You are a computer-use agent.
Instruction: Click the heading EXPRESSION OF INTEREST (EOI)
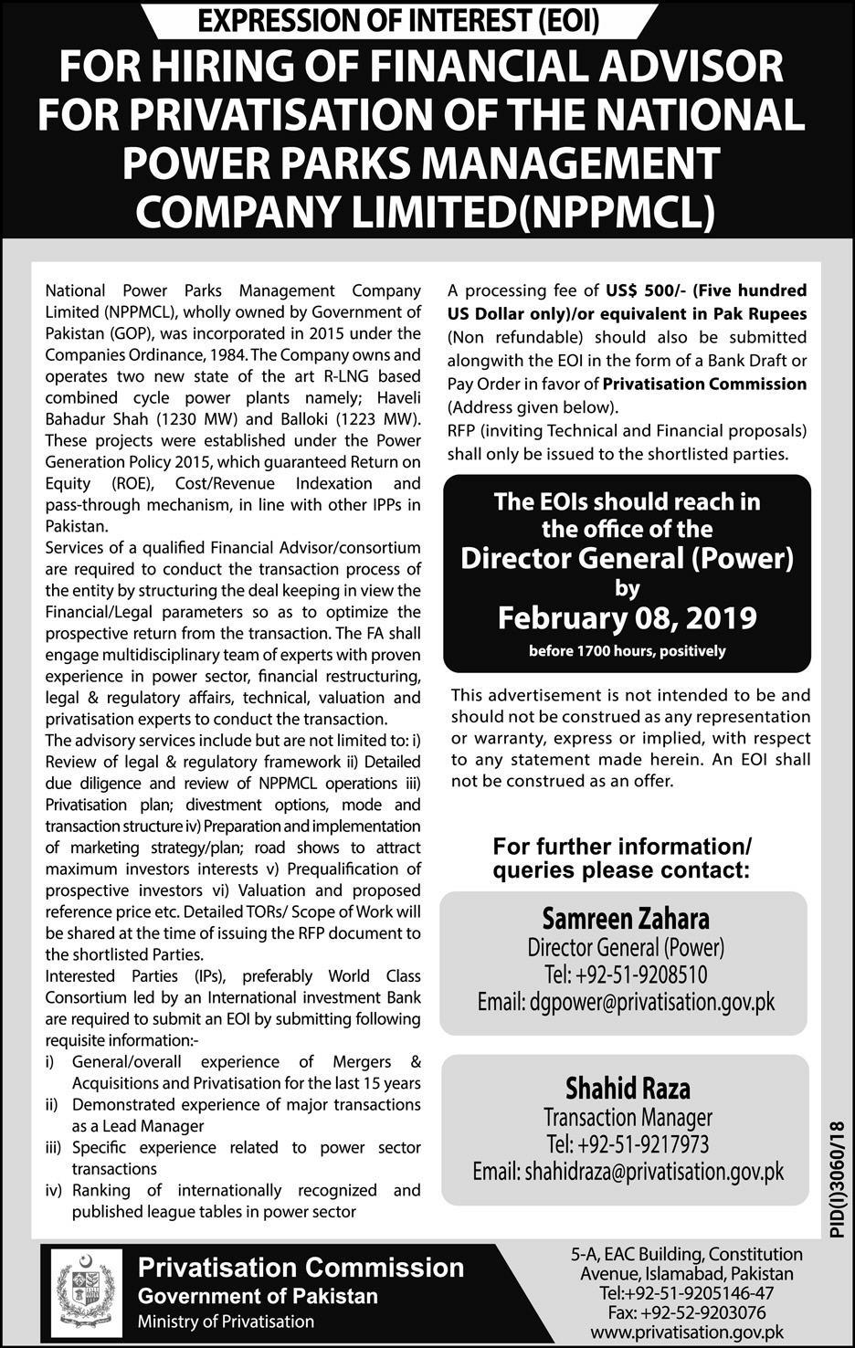coord(427,20)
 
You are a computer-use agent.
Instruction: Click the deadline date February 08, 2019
coord(627,618)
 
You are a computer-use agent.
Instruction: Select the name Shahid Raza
coord(628,1088)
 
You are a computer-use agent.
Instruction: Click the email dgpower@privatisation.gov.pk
coord(626,1002)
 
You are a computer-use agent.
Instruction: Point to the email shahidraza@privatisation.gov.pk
coord(628,1172)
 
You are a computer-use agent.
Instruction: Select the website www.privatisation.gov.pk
coord(700,1332)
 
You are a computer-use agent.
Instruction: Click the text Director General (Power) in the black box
coord(627,558)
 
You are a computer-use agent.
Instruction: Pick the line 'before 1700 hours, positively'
coord(627,651)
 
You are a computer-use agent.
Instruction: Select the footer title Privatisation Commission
coord(301,1268)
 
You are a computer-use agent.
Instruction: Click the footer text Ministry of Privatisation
coord(226,1322)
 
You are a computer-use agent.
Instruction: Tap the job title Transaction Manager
coord(628,1117)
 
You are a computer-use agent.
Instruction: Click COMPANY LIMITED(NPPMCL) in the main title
coord(425,211)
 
